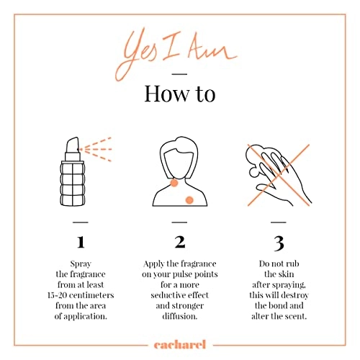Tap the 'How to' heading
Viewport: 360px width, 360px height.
click(x=180, y=94)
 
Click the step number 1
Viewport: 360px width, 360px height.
click(x=81, y=242)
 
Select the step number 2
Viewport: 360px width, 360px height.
click(x=180, y=242)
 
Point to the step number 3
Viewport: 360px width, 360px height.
click(x=279, y=243)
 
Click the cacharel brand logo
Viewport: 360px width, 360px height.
click(x=180, y=345)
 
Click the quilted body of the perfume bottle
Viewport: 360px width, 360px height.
click(x=72, y=184)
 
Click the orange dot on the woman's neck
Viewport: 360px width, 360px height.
click(x=174, y=183)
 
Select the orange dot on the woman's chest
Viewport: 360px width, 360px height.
click(x=189, y=200)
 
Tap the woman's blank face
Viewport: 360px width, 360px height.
click(x=179, y=163)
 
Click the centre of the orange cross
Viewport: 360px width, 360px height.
click(x=279, y=175)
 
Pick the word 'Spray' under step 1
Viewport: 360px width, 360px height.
click(x=81, y=264)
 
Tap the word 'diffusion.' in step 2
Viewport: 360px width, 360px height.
click(x=180, y=316)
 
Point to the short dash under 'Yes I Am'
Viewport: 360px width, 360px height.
click(x=179, y=74)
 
